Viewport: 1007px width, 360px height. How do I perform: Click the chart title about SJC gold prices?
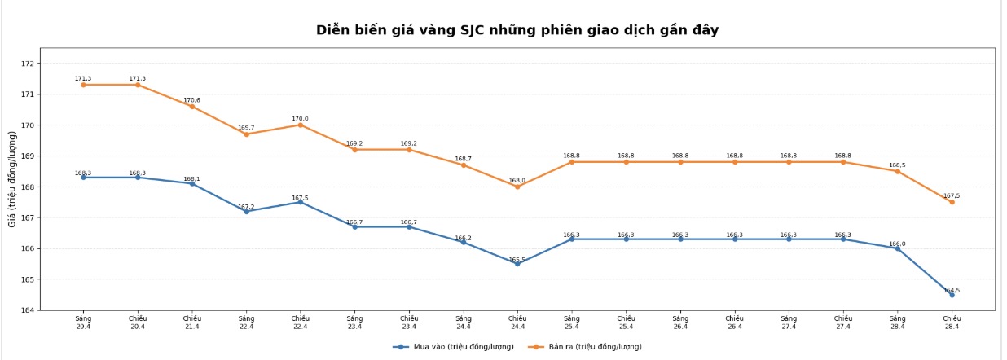pos(517,30)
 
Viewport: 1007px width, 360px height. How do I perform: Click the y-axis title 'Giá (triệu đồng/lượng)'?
pos(13,179)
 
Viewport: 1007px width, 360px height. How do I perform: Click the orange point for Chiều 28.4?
pos(952,202)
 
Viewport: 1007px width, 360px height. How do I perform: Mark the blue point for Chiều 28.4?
pos(952,295)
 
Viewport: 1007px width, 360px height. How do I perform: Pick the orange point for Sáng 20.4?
pos(83,85)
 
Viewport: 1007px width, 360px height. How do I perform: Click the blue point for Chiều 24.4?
pos(517,264)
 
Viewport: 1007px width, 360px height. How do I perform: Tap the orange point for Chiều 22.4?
pos(300,125)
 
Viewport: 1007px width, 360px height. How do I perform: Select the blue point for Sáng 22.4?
pos(246,211)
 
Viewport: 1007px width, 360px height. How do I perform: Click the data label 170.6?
pos(191,100)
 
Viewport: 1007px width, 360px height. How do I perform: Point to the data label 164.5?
pos(952,290)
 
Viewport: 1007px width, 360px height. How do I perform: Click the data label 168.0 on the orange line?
pos(517,181)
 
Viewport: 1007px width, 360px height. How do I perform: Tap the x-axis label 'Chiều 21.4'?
pos(191,323)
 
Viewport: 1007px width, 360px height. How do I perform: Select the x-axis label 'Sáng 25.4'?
pos(572,323)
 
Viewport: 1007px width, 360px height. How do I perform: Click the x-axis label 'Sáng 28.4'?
pos(897,323)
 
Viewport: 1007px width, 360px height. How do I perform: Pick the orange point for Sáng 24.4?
pos(464,165)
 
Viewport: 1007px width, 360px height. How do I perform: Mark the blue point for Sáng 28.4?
pos(897,248)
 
